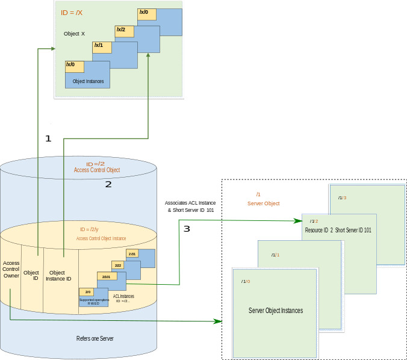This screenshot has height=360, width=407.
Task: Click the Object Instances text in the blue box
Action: click(88, 81)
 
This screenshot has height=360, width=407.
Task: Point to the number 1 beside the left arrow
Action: click(48, 138)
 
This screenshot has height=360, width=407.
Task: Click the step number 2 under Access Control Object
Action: click(108, 184)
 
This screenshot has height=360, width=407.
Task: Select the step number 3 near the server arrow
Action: click(187, 229)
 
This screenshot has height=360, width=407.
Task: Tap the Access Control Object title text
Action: click(96, 170)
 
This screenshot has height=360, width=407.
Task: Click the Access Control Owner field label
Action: click(11, 269)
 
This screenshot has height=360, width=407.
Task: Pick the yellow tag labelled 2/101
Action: click(107, 276)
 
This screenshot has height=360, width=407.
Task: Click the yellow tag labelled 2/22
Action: click(118, 265)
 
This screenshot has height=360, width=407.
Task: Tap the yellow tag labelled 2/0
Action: click(88, 291)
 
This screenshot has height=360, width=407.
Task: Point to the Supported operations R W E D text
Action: click(93, 301)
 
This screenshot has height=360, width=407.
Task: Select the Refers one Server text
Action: click(95, 338)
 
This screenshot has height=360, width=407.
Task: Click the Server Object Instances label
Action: click(276, 311)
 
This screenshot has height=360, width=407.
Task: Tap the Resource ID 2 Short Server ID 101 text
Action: click(338, 231)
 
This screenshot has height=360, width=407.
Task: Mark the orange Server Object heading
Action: click(264, 204)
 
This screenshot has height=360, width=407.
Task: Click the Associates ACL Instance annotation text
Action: click(190, 206)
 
